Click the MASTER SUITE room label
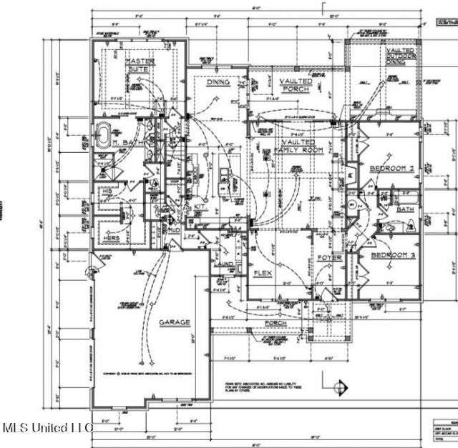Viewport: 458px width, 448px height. pos(140,66)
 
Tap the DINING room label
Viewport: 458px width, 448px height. pos(218,82)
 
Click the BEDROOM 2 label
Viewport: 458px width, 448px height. pos(392,169)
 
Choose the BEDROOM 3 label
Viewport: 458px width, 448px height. pos(392,254)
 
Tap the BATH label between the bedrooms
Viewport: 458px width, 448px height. pos(406,209)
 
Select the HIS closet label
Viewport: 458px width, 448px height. pos(105,191)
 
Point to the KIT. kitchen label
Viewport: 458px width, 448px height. pos(201,207)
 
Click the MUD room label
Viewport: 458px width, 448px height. pos(174,231)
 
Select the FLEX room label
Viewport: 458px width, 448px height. pos(262,274)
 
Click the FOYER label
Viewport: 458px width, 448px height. pos(331,258)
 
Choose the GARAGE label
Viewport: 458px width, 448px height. pos(175,322)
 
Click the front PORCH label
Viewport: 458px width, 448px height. pos(276,324)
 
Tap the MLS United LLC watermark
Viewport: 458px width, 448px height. pos(47,428)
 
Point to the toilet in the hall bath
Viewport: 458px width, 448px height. pos(389,228)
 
